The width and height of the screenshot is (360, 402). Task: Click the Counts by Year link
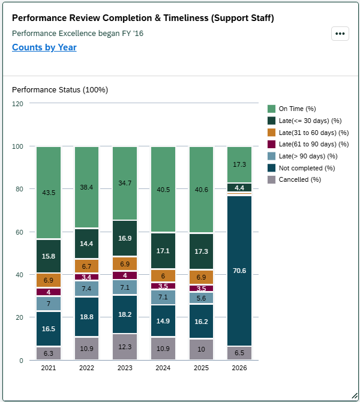pyautogui.click(x=44, y=47)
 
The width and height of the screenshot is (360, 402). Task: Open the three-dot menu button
pyautogui.click(x=340, y=34)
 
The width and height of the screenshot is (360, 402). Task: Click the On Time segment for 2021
pyautogui.click(x=49, y=193)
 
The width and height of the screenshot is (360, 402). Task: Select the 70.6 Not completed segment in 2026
pyautogui.click(x=239, y=271)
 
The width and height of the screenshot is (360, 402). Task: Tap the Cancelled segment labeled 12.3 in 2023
pyautogui.click(x=125, y=347)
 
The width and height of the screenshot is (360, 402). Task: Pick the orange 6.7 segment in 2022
pyautogui.click(x=87, y=266)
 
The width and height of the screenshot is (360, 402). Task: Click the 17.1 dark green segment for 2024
pyautogui.click(x=164, y=250)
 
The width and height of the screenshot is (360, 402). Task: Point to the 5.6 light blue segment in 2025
pyautogui.click(x=202, y=298)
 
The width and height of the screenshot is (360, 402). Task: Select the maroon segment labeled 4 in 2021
pyautogui.click(x=49, y=292)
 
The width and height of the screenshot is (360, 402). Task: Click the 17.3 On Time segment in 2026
pyautogui.click(x=239, y=164)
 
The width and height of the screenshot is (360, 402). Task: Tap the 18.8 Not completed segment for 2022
pyautogui.click(x=87, y=317)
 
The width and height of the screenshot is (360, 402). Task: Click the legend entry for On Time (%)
pyautogui.click(x=298, y=109)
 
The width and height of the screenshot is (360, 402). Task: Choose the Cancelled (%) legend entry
pyautogui.click(x=299, y=179)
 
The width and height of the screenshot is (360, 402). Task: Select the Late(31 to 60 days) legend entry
pyautogui.click(x=312, y=133)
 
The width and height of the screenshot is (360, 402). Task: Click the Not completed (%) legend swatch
pyautogui.click(x=272, y=168)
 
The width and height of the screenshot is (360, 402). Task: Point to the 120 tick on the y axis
pyautogui.click(x=17, y=104)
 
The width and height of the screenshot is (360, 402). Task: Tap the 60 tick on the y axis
pyautogui.click(x=19, y=232)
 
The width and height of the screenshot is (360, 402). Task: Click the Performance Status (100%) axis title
pyautogui.click(x=60, y=90)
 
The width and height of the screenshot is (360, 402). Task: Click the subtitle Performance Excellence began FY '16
pyautogui.click(x=77, y=33)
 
